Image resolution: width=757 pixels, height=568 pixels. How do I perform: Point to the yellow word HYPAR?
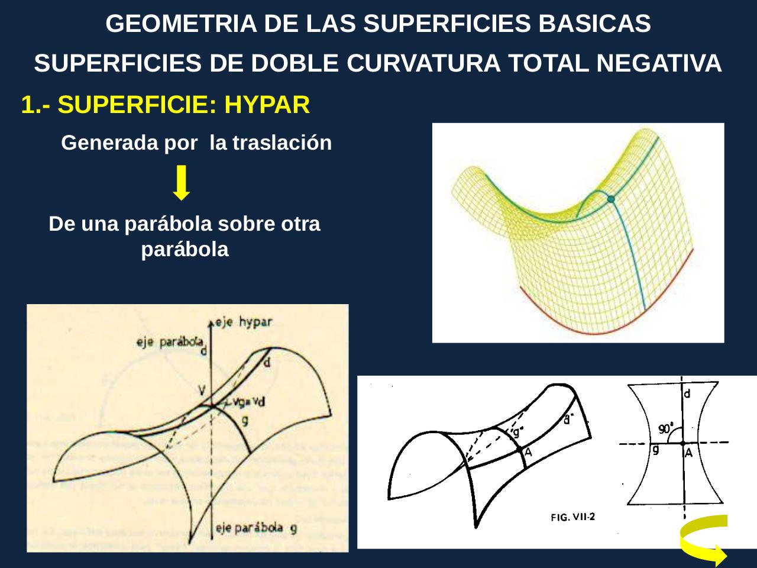point(267,105)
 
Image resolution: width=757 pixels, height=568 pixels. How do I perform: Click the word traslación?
point(282,143)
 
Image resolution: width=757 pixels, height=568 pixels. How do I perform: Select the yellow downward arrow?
point(183,183)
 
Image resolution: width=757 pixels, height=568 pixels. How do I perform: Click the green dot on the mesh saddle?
point(611,199)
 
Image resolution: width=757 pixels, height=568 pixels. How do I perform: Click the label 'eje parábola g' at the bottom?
point(255,528)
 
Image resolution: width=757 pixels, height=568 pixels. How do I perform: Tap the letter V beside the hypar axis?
point(202,390)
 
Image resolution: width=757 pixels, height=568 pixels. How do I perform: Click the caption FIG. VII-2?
point(572,517)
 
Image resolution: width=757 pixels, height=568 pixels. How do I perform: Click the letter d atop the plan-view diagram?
point(688,393)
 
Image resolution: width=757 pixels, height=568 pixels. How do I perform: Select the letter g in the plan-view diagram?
point(656,450)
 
